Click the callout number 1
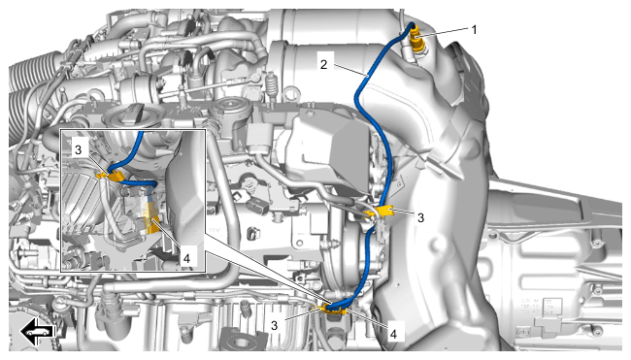[474, 30]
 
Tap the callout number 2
[323, 64]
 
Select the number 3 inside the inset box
[78, 150]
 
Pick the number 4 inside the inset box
[186, 258]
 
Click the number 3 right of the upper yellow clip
[420, 217]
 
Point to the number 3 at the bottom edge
[275, 325]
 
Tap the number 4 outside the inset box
[393, 334]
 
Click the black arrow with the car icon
[38, 331]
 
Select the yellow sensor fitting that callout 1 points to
[416, 39]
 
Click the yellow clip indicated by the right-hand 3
[380, 212]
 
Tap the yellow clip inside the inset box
[110, 176]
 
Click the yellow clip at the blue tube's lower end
[333, 310]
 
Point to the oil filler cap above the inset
[129, 116]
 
